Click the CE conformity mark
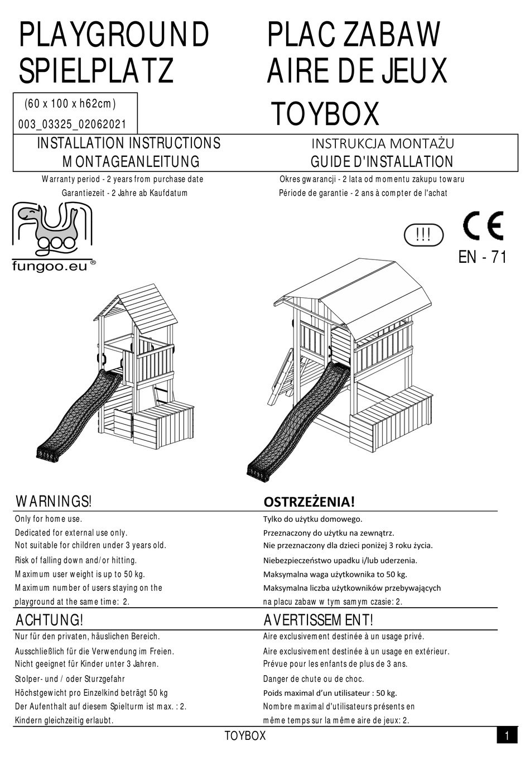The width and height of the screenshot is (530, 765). pos(483,226)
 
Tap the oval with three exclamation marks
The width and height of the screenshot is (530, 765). pos(423,235)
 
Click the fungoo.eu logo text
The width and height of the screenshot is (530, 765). pos(50,267)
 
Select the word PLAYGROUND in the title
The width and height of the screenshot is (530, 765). pos(114,35)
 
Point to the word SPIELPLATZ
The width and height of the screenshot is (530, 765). pos(96,71)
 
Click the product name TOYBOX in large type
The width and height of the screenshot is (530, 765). pos(325,114)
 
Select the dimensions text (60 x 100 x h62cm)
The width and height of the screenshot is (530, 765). pos(70,103)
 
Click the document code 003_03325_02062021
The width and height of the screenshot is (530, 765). pos(73,124)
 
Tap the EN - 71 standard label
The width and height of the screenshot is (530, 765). pos(483,257)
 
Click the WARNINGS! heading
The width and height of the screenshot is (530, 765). pos(54,501)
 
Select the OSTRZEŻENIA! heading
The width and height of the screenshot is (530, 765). pos(309,502)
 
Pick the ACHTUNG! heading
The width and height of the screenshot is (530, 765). pos(50,620)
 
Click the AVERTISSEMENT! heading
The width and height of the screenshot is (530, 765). pos(318,620)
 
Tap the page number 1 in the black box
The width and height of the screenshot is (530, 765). pos(507,736)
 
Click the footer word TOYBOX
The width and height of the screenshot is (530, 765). pos(245,736)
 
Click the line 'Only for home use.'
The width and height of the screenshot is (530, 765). pos(49,519)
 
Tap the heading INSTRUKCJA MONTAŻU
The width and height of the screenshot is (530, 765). pos(382,143)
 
